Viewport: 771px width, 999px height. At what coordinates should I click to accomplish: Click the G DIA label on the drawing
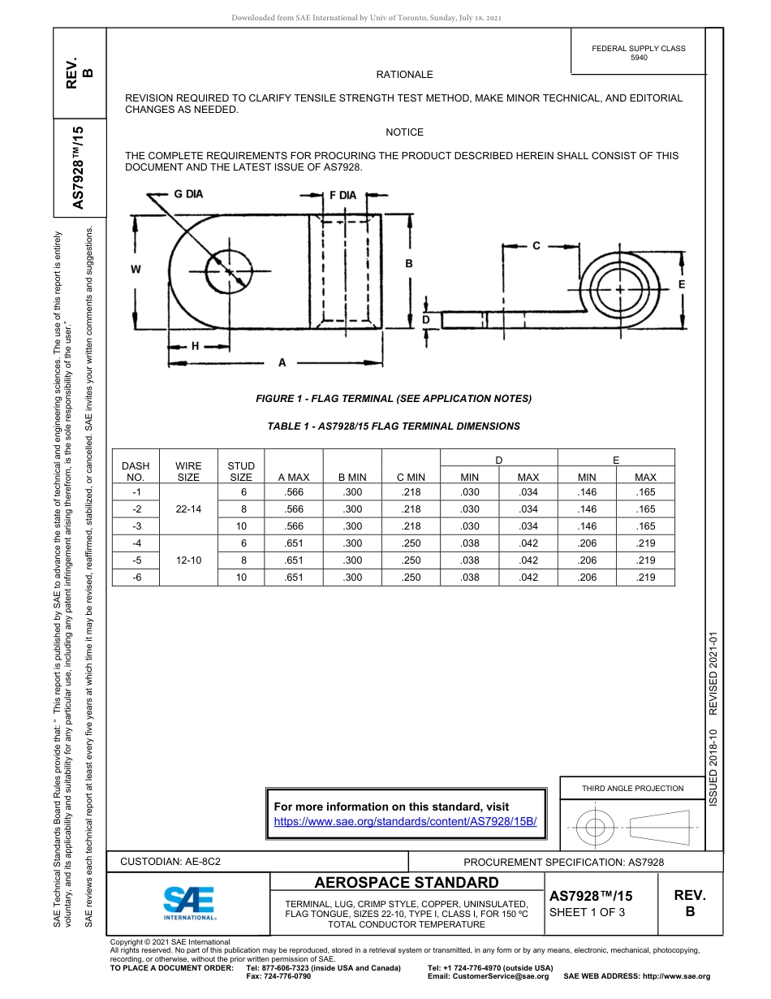[188, 194]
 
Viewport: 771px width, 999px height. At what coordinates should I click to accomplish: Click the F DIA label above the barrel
[342, 195]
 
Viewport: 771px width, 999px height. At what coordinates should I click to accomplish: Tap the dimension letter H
[195, 346]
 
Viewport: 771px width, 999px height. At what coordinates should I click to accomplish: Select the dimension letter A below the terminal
[282, 363]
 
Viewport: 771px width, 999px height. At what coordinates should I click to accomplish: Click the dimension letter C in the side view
[536, 245]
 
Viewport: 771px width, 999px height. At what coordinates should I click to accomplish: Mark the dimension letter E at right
[681, 284]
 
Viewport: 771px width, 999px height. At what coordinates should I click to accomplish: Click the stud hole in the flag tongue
[229, 270]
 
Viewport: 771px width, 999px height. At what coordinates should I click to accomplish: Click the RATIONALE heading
[404, 75]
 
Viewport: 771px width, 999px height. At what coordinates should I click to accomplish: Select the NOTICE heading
[404, 132]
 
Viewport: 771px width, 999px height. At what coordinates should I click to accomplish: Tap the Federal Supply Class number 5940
[639, 58]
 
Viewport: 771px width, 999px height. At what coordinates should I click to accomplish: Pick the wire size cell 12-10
[188, 560]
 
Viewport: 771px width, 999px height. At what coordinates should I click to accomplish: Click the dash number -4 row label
[136, 543]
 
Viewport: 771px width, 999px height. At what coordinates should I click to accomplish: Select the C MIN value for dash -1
[411, 492]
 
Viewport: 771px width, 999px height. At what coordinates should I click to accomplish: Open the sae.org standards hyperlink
[406, 821]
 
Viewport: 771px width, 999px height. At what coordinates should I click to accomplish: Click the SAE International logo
[189, 902]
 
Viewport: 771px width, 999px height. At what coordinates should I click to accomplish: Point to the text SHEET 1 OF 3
[587, 911]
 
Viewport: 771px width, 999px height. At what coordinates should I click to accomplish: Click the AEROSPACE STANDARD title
[407, 883]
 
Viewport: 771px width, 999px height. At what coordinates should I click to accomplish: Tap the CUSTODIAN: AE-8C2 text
[170, 861]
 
